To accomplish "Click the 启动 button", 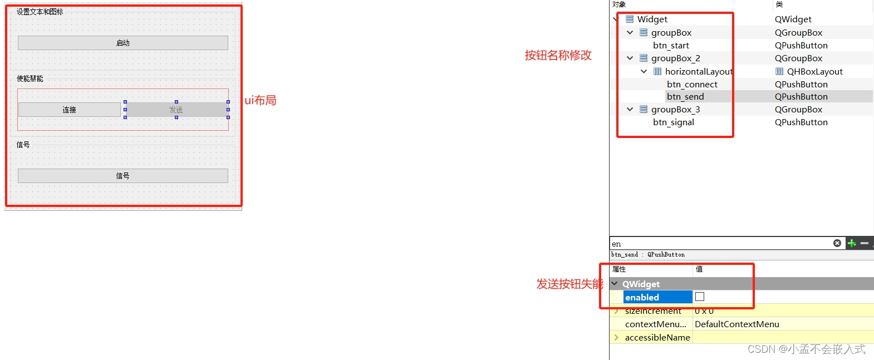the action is pos(123,43).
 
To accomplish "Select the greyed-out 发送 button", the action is pos(176,110).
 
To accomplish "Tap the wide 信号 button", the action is pos(123,176).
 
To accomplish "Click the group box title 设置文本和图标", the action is pos(40,12).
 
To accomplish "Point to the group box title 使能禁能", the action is pos(30,78).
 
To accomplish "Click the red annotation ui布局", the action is pos(261,100).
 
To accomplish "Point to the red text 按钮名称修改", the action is pos(558,55).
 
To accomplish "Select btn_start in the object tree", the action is pos(671,46).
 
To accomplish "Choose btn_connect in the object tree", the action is pos(692,85).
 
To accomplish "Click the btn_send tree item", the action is pos(685,97).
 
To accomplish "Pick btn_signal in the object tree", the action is pos(674,122).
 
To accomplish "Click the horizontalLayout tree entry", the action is pos(698,72).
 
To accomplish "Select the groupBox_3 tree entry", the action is pos(675,110).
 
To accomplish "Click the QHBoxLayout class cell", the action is pos(814,72).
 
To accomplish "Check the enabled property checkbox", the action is pos(700,297).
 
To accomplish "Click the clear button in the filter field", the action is pos(837,243).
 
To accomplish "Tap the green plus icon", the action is pos(851,243).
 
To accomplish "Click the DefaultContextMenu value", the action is pos(736,324).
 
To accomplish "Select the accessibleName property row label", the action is pos(657,338).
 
